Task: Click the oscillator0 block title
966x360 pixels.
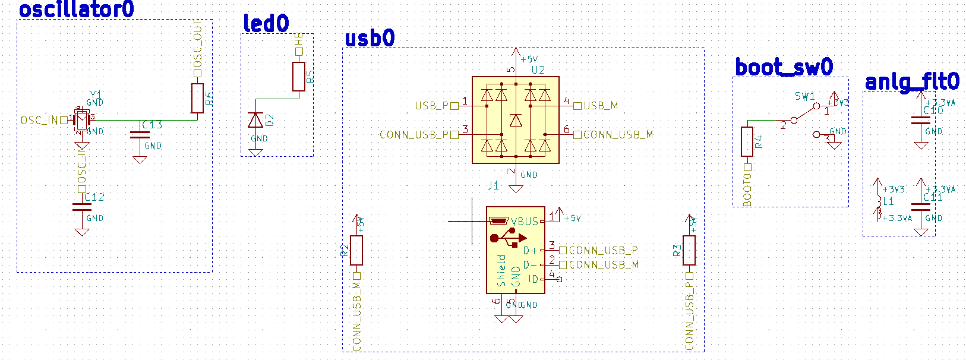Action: click(x=76, y=10)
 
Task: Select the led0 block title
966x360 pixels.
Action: click(x=266, y=24)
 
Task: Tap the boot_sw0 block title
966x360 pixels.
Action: click(x=784, y=67)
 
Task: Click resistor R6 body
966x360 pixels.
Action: click(x=197, y=98)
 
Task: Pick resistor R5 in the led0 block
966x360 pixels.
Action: click(x=299, y=76)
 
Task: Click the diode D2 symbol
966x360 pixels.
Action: click(x=255, y=121)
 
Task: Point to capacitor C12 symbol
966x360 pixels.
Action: click(x=81, y=207)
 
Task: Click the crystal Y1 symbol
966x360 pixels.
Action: click(x=81, y=120)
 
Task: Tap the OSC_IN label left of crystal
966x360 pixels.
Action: click(x=39, y=121)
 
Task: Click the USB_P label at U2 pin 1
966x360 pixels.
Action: click(x=432, y=106)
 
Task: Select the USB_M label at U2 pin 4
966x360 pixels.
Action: click(x=601, y=106)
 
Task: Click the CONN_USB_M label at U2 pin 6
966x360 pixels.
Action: click(x=618, y=135)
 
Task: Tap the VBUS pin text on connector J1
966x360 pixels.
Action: click(x=525, y=222)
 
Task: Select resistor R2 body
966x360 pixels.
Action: click(x=356, y=250)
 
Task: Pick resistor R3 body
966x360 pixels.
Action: click(x=689, y=250)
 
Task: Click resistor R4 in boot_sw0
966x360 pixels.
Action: click(x=747, y=141)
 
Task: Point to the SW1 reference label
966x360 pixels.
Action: click(x=805, y=96)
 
